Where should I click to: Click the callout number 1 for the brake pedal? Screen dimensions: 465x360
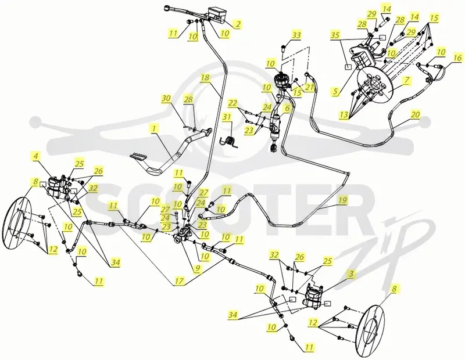pos(154,128)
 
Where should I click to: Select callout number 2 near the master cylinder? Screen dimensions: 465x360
pos(237,24)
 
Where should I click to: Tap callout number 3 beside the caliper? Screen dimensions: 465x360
pos(351,274)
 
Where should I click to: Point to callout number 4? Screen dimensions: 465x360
pos(35,156)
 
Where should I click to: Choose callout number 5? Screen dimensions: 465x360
pos(335,92)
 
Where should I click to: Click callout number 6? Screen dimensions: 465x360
pos(287,109)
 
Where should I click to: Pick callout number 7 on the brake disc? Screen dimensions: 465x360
pos(406,80)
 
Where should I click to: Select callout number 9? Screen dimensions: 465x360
pos(197,268)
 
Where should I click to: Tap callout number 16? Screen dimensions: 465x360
pos(457,57)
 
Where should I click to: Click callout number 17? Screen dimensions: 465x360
pos(180,280)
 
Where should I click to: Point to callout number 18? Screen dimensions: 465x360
pos(205,78)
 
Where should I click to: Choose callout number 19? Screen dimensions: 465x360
pos(342,200)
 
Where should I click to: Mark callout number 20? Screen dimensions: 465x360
pos(416,114)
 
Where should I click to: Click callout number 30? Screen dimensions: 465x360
pos(167,98)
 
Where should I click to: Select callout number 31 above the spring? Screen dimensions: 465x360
pos(227,117)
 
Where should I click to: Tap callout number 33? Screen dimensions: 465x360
pos(296,35)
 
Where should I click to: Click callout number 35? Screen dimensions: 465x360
pos(335,35)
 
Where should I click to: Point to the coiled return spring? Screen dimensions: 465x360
pos(230,141)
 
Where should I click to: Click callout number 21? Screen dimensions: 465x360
pos(309,87)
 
